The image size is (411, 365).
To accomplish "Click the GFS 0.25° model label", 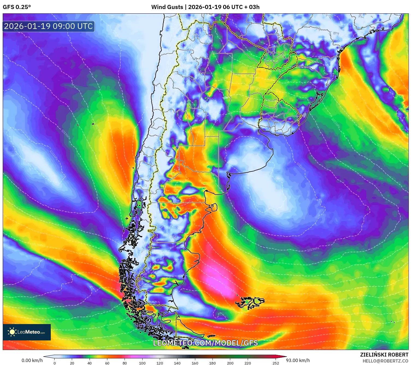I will [17, 7].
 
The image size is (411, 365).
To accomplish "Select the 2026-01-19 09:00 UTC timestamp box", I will [48, 26].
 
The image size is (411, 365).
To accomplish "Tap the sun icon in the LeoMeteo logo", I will [12, 332].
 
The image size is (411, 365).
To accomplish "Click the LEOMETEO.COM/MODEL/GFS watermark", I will [205, 343].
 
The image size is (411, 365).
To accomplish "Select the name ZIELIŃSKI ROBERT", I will [384, 355].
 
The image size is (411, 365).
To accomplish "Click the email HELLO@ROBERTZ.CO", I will [385, 361].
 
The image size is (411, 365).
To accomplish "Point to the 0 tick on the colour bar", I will [55, 363].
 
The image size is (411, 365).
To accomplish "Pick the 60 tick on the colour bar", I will [107, 363].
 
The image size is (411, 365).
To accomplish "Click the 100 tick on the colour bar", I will [142, 363].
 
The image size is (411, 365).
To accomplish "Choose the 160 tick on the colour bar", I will [195, 363].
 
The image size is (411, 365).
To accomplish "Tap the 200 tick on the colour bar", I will [230, 363].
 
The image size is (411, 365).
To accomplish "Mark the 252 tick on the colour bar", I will [276, 363].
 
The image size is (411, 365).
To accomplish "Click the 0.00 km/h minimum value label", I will [32, 360].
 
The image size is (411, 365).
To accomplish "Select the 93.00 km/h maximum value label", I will [298, 360].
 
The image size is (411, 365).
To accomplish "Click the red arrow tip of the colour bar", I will [284, 357].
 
